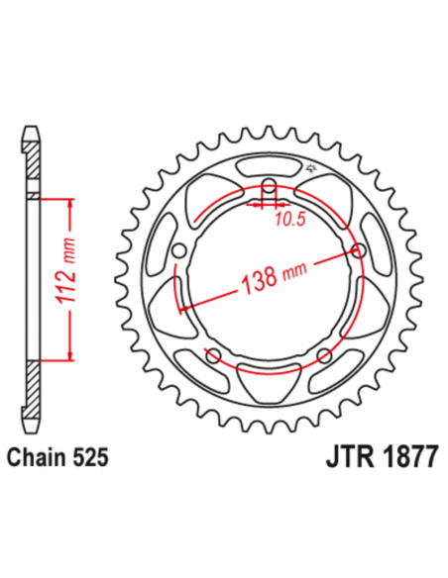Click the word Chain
point(39,458)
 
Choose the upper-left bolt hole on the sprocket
point(179,251)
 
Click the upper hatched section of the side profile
point(33,164)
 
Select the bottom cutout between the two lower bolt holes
point(269,377)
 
